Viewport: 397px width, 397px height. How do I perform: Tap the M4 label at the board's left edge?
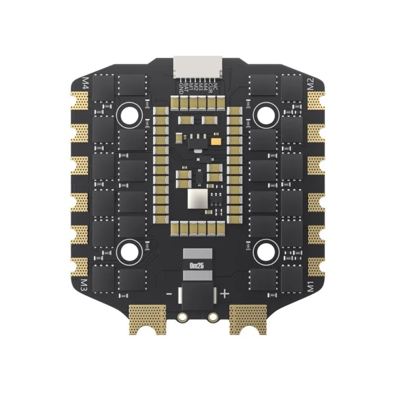[x=85, y=82]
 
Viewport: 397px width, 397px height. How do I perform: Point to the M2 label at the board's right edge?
[x=311, y=83]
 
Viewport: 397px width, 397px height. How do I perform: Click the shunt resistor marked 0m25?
[x=198, y=265]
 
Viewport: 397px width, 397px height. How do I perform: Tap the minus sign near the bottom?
[x=169, y=294]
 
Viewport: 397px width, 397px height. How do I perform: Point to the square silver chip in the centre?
[x=197, y=199]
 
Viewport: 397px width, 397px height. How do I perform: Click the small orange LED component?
[x=216, y=141]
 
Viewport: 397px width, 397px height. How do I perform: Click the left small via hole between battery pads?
[x=183, y=316]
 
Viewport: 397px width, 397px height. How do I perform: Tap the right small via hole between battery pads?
[x=213, y=316]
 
